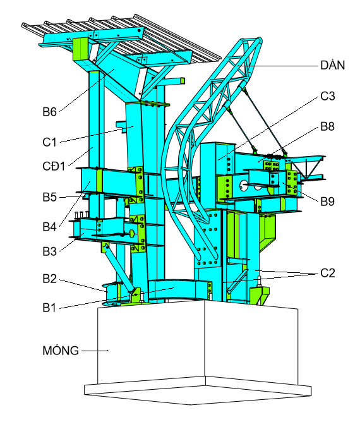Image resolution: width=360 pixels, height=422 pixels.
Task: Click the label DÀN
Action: click(x=332, y=65)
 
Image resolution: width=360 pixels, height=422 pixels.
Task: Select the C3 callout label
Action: click(x=327, y=96)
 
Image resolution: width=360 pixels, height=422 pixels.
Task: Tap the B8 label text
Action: click(x=327, y=126)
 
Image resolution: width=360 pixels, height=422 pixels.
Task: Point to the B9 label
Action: click(x=327, y=201)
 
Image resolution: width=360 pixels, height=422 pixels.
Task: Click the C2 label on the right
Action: click(x=327, y=273)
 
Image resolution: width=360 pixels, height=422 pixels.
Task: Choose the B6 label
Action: click(x=49, y=112)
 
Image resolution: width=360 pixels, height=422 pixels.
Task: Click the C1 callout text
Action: click(x=49, y=142)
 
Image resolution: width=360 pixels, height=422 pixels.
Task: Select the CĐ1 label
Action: click(x=54, y=166)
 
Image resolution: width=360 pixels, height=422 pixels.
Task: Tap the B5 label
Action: click(x=49, y=197)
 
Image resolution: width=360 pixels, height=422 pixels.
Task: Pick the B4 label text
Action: click(x=49, y=227)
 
